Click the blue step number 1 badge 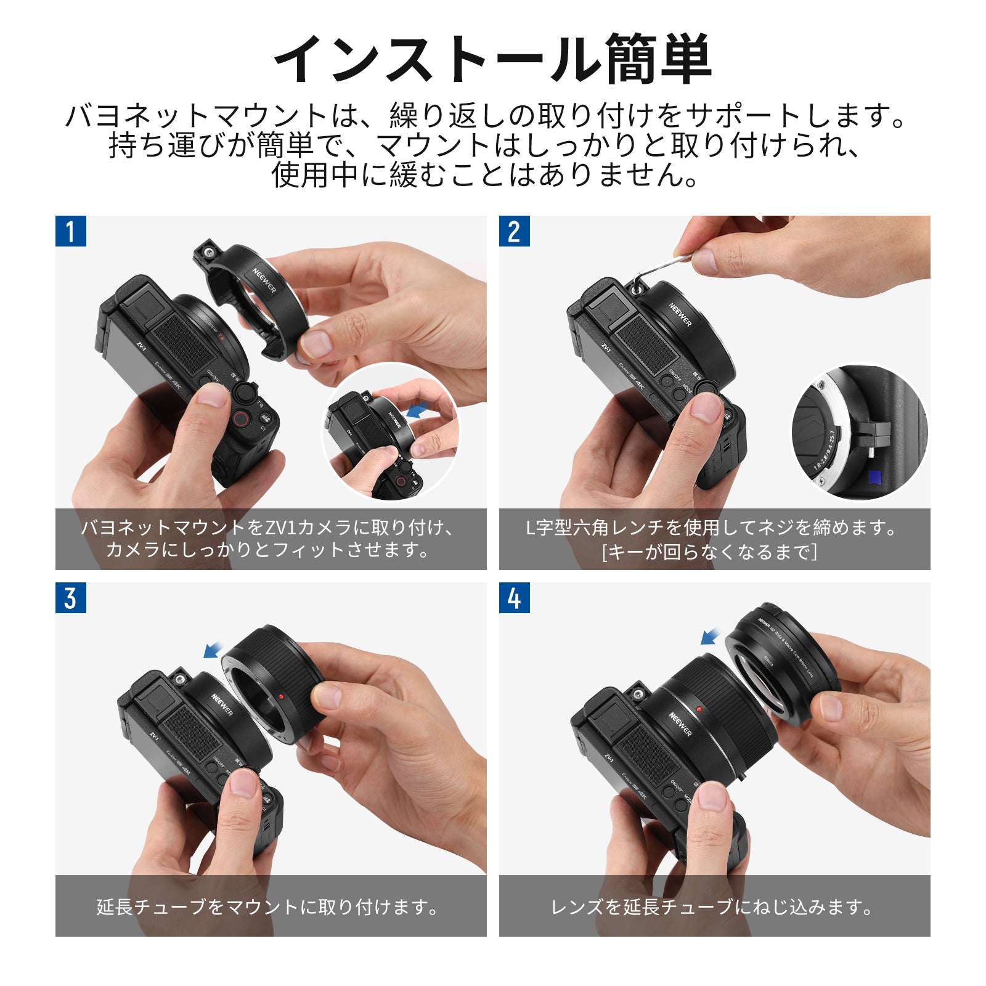coord(70,231)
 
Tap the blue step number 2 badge coord(514,231)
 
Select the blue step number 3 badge coord(70,598)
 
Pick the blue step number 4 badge coord(514,598)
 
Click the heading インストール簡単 coord(493,59)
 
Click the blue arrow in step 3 coord(214,649)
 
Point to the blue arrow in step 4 coord(711,635)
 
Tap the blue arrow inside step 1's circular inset coord(418,410)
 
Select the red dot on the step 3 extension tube coord(280,696)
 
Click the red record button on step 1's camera coord(240,420)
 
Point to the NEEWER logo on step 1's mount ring coord(264,280)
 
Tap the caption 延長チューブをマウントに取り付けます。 coord(269,907)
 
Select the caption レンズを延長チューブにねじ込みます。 coord(713,907)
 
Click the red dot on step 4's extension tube coord(699,709)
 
